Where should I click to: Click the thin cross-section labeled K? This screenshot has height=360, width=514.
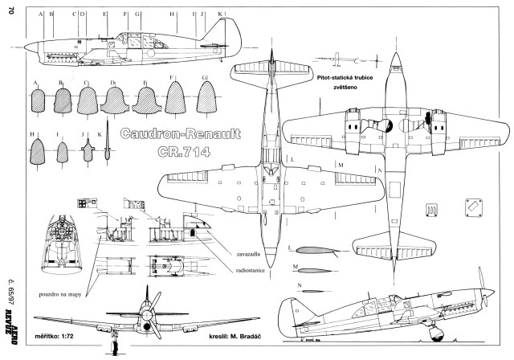pos(104,149)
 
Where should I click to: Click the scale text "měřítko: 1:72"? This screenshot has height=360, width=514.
pos(54,332)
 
